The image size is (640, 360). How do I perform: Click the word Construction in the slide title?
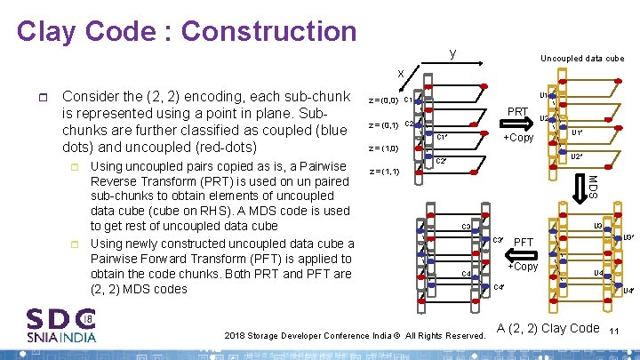pyautogui.click(x=268, y=31)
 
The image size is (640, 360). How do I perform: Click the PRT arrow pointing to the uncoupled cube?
pyautogui.click(x=518, y=124)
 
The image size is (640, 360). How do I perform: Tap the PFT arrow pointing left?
pyautogui.click(x=524, y=253)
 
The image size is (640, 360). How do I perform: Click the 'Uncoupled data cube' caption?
pyautogui.click(x=582, y=59)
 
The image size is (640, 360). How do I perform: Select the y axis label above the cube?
pyautogui.click(x=453, y=54)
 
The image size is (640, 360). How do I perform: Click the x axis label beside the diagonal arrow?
pyautogui.click(x=401, y=73)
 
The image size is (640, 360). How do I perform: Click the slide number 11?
pyautogui.click(x=614, y=331)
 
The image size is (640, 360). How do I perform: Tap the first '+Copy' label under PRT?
pyautogui.click(x=518, y=138)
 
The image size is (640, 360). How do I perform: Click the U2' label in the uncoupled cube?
pyautogui.click(x=576, y=157)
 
